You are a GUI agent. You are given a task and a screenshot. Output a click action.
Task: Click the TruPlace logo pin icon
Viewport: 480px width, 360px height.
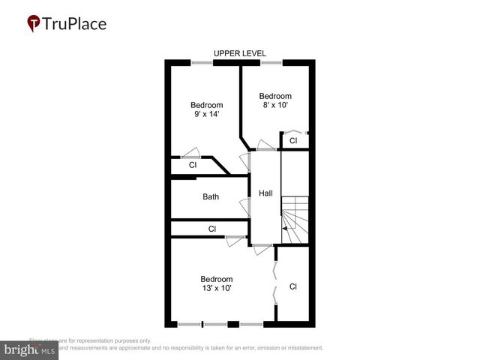[x=33, y=24]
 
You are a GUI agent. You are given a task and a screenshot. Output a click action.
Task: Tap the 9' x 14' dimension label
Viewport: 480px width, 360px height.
[x=206, y=115]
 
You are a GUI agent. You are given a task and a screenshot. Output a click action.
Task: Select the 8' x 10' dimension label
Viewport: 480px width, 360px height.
[x=275, y=106]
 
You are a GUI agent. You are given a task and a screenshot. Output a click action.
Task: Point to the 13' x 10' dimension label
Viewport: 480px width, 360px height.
[x=217, y=289]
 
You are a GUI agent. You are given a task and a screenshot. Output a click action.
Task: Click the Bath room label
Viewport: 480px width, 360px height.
[x=211, y=197]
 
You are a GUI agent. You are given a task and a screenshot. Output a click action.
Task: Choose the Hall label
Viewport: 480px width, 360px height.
[x=265, y=193]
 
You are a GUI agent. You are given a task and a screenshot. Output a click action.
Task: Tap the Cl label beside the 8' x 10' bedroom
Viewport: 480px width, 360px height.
[x=293, y=140]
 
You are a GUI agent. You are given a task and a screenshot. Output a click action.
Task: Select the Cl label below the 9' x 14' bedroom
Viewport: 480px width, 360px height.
[x=193, y=165]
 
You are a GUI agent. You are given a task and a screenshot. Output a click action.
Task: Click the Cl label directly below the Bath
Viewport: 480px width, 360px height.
[x=212, y=229]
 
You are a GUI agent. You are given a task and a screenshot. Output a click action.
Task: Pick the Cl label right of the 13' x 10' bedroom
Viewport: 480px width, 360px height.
[x=293, y=286]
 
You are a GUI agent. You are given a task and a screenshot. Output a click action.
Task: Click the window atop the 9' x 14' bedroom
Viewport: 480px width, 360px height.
[x=201, y=62]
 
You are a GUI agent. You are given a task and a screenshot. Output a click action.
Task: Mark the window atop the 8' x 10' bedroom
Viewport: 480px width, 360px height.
[x=271, y=62]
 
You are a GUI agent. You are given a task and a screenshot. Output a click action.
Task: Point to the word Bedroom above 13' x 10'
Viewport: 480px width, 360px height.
[x=217, y=279]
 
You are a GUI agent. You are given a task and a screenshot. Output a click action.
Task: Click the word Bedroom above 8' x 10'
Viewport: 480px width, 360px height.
[x=275, y=96]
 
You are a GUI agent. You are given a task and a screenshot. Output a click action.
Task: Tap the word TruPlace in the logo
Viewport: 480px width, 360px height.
[x=75, y=24]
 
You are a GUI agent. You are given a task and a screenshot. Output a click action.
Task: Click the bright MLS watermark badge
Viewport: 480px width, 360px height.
[x=29, y=350]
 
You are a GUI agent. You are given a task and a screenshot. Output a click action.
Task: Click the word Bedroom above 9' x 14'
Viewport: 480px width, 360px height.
[x=206, y=105]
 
